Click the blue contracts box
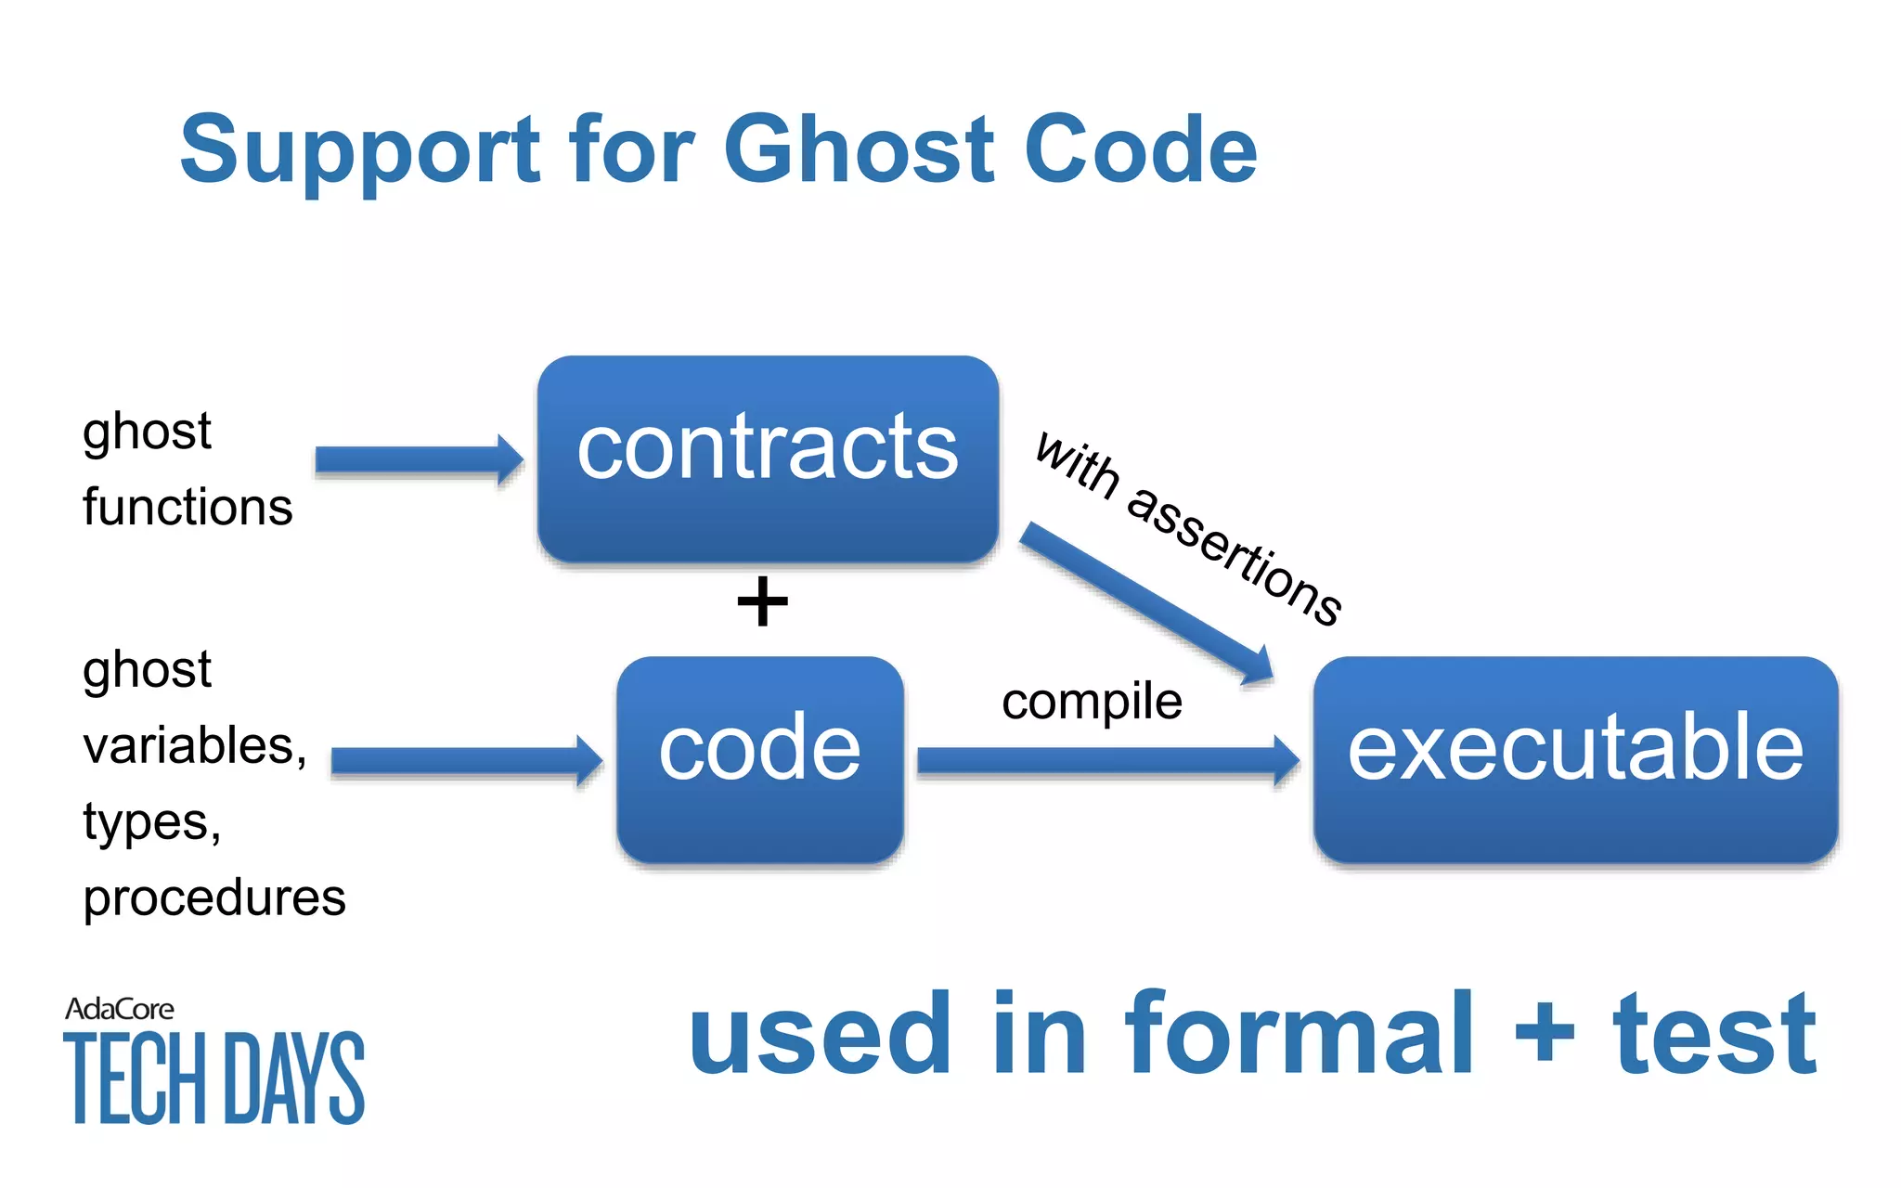(x=768, y=458)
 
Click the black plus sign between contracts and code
(x=762, y=601)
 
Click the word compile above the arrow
(x=1092, y=702)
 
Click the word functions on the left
(x=188, y=508)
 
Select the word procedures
(x=214, y=897)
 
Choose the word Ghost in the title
(x=859, y=150)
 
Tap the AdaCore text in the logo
(x=119, y=1009)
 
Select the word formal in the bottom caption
(x=1298, y=1035)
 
